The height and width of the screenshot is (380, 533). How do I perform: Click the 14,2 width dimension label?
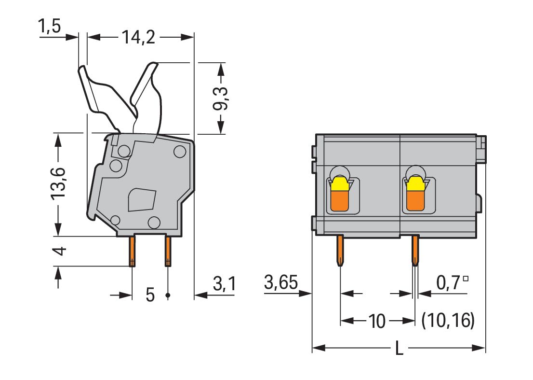click(x=138, y=37)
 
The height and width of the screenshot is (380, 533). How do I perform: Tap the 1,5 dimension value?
click(x=50, y=26)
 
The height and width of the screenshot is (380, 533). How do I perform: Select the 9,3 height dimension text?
click(x=221, y=99)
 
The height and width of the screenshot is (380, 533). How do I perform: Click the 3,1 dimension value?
click(x=224, y=283)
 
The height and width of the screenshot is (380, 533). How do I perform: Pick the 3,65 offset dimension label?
click(x=281, y=282)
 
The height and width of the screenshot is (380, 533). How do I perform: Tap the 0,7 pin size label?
click(x=449, y=282)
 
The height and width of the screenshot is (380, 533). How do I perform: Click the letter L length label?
click(x=399, y=349)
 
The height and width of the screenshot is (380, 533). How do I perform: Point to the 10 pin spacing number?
click(x=377, y=321)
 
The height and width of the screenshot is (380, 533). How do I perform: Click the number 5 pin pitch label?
click(x=150, y=295)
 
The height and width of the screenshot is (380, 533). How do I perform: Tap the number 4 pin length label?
click(x=59, y=251)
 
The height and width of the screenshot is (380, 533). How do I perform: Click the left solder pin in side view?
click(x=132, y=251)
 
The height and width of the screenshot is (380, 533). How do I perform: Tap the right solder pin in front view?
click(x=415, y=250)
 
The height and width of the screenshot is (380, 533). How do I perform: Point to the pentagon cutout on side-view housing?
click(x=142, y=200)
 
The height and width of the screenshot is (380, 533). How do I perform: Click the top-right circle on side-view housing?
click(x=179, y=151)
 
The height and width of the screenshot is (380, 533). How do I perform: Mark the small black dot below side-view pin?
click(x=168, y=295)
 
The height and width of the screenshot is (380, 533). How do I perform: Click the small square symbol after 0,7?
click(x=466, y=279)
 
